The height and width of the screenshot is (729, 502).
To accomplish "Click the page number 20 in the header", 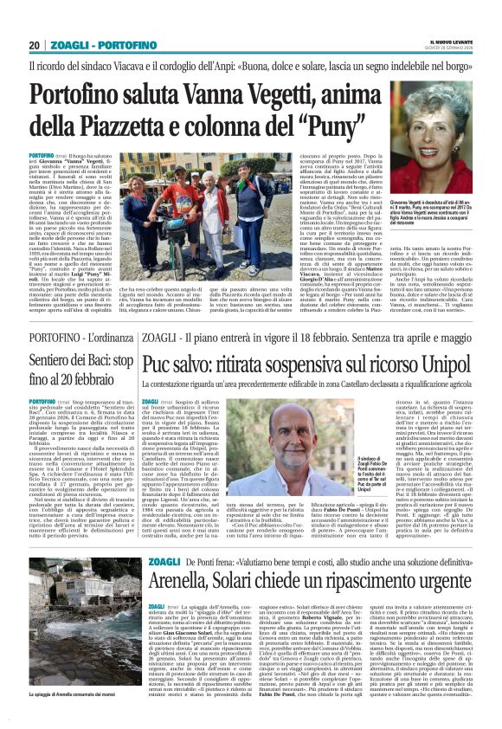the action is (34, 45).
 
